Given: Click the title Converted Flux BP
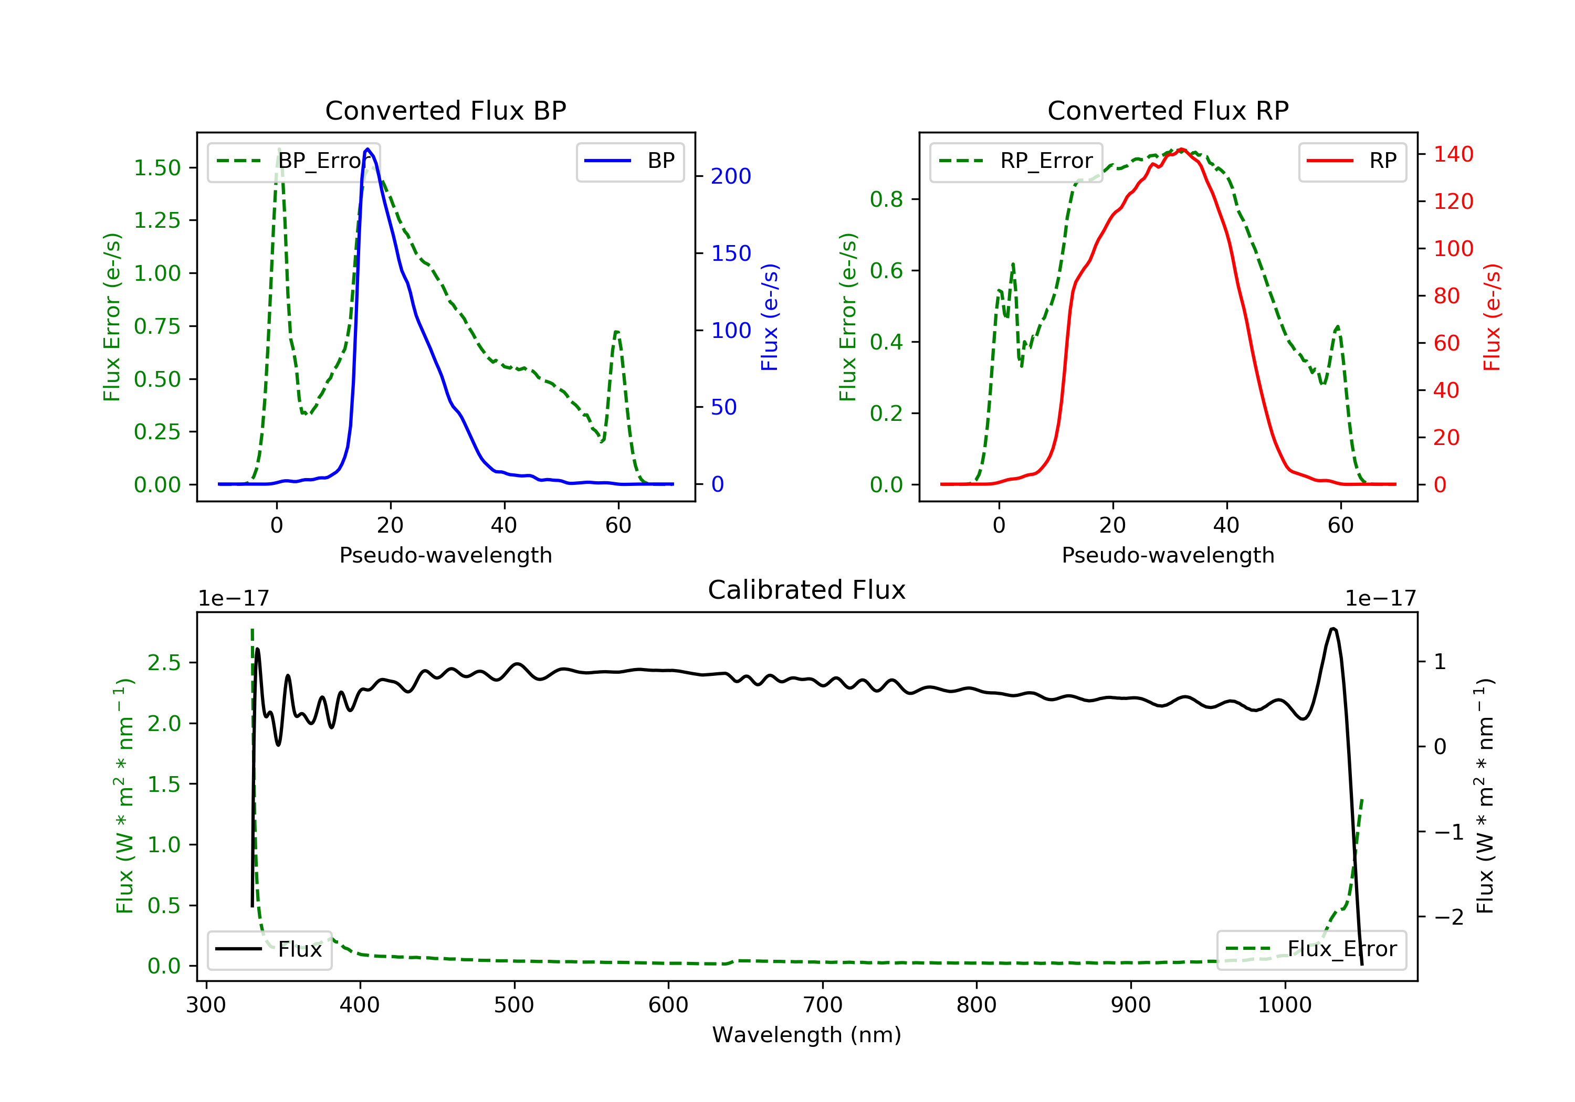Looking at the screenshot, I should (x=445, y=110).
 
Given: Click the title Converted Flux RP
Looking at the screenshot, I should (x=1168, y=110).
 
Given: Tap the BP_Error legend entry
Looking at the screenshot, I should (x=293, y=161).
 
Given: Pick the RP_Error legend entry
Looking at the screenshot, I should (x=1016, y=161).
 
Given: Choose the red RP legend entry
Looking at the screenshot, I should (x=1352, y=161).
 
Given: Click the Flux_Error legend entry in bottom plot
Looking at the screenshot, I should (x=1311, y=949).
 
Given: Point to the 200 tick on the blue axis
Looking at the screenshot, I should (x=731, y=176).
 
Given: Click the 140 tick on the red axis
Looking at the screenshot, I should (x=1453, y=154).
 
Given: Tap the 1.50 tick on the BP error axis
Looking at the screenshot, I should (x=157, y=168).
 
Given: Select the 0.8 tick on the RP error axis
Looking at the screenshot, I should (x=886, y=199).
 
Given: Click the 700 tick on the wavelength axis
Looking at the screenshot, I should (x=823, y=1005).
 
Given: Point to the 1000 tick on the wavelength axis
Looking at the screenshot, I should (x=1284, y=1005).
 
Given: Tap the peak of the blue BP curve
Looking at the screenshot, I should (x=367, y=149).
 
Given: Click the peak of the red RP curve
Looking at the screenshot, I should (x=1181, y=150).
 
